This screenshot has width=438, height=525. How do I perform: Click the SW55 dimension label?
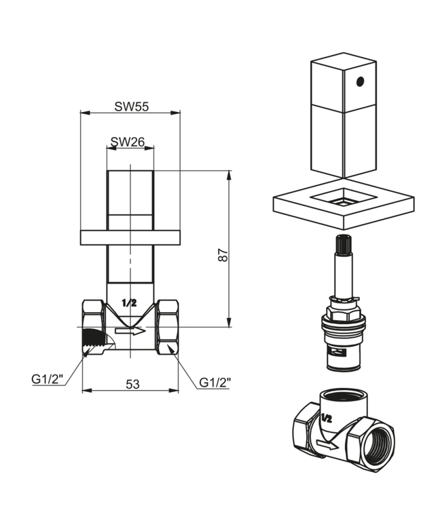click(131, 106)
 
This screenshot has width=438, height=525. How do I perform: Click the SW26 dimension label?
click(127, 142)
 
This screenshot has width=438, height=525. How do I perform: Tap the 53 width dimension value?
click(132, 384)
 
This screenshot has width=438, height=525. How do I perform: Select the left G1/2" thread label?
click(48, 379)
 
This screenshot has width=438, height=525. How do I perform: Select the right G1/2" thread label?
click(215, 383)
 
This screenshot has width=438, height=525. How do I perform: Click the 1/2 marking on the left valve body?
click(129, 300)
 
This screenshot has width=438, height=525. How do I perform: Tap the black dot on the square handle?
click(359, 83)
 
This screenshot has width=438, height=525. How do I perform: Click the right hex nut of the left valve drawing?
click(167, 328)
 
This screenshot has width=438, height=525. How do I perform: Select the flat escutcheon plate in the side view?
click(130, 237)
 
